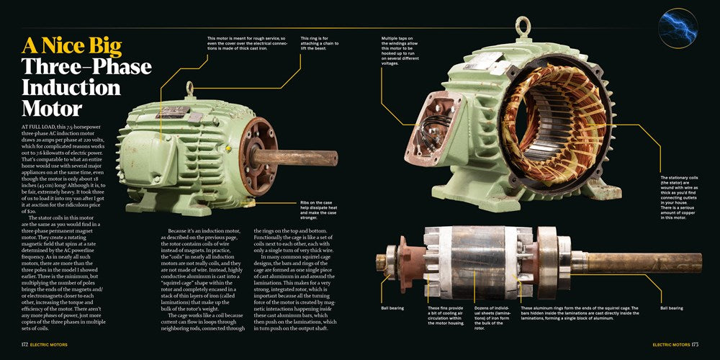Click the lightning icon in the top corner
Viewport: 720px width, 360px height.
(680, 28)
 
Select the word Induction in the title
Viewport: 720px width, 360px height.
(71, 88)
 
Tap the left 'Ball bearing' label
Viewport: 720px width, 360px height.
(392, 307)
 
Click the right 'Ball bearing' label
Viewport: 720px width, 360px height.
(672, 307)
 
